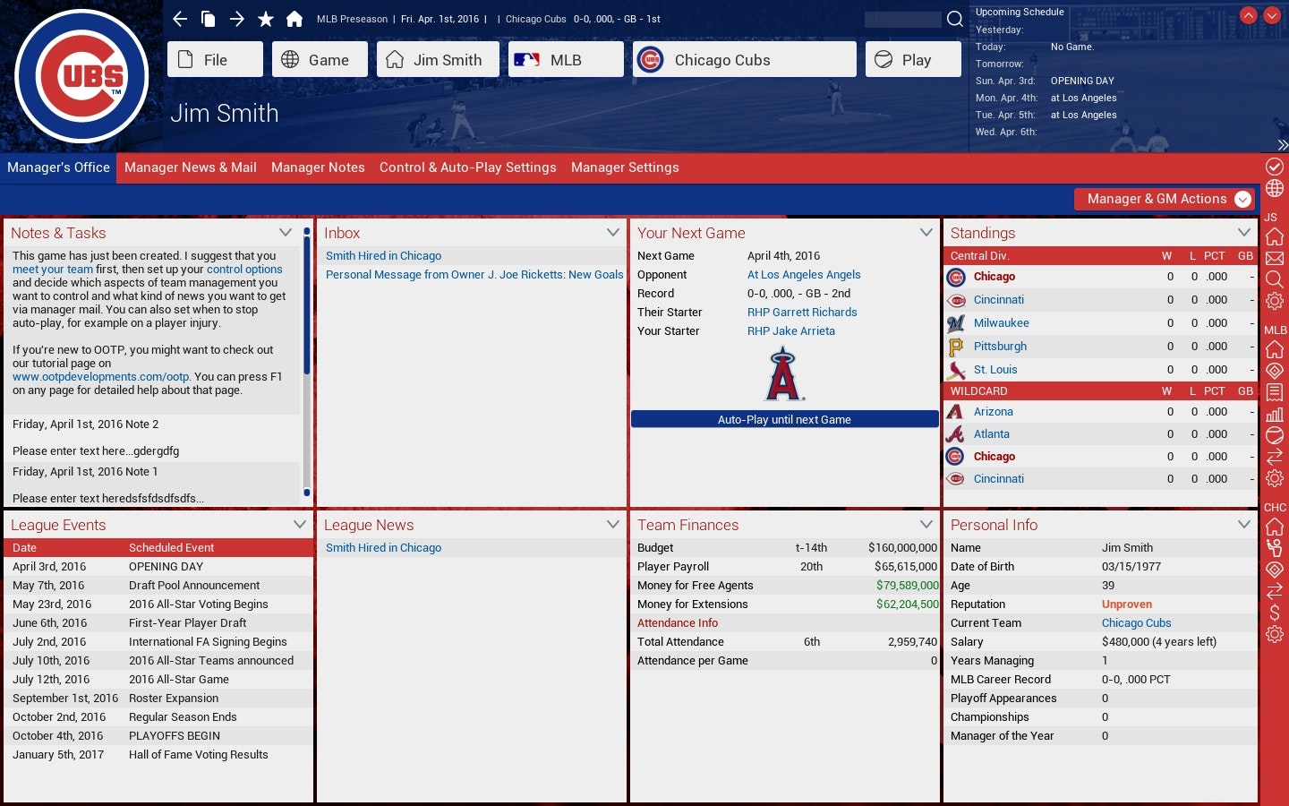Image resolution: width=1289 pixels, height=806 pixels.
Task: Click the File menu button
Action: (215, 60)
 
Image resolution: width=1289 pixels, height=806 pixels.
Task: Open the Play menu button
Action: (913, 60)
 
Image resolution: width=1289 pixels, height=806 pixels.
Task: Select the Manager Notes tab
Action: (318, 167)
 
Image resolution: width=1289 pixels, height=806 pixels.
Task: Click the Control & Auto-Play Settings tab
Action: (467, 167)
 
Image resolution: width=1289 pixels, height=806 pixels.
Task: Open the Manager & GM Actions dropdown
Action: (1164, 199)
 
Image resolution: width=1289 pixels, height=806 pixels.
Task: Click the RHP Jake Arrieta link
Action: (790, 331)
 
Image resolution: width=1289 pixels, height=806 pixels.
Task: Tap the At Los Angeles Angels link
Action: (803, 275)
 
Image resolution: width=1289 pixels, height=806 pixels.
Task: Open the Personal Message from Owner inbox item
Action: (474, 275)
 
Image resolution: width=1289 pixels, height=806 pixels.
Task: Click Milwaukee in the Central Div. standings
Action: (1001, 323)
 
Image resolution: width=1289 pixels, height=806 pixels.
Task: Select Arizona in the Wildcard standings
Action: (993, 412)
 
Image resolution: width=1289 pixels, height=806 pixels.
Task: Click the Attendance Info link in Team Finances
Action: (677, 623)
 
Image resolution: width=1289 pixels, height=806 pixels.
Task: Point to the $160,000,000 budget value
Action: (901, 548)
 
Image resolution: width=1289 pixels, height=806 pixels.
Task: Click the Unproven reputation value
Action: (1126, 604)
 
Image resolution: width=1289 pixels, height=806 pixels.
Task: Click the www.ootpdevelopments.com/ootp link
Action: (100, 377)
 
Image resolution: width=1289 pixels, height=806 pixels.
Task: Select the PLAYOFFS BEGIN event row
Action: (158, 736)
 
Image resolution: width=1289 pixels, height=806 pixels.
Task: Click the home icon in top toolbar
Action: (294, 19)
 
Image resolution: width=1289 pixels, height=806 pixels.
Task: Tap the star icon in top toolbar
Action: (265, 19)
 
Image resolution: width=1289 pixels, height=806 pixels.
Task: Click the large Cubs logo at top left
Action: (81, 76)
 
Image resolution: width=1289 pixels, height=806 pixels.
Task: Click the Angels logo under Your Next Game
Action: (783, 374)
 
